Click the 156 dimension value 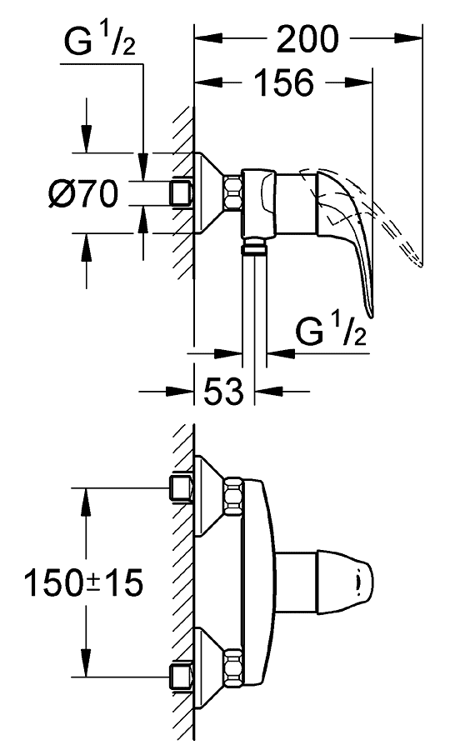284,82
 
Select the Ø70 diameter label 83,193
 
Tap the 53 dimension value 224,391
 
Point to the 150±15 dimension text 83,582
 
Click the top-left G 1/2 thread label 100,42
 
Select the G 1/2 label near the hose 331,331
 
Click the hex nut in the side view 232,192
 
